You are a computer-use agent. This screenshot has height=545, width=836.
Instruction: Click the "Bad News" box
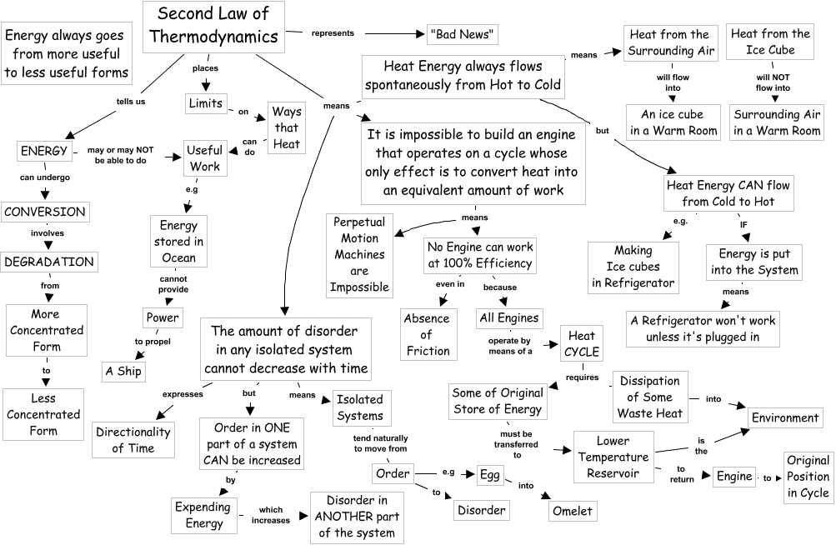(462, 34)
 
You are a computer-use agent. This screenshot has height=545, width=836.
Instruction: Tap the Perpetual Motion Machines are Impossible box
(360, 254)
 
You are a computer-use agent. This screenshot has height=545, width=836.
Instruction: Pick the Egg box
(489, 475)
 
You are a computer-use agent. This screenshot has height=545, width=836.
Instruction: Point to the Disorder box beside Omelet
(481, 509)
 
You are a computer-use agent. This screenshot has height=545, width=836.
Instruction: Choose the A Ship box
(123, 370)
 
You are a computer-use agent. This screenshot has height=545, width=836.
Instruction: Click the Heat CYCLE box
(581, 343)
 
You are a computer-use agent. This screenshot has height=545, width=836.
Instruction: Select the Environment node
(785, 417)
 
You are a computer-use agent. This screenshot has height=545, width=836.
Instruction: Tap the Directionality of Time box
(134, 439)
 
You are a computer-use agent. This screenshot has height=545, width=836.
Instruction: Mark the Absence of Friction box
(428, 334)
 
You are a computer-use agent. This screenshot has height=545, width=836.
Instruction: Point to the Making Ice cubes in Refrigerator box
(633, 266)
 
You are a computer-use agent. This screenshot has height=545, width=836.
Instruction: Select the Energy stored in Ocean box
(178, 241)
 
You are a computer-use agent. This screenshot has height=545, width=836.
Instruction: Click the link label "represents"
(333, 33)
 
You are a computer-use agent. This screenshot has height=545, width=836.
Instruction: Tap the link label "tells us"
(130, 101)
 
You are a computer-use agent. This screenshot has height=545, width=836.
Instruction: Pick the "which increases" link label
(275, 515)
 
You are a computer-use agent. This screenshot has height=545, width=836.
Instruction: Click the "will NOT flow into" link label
(773, 82)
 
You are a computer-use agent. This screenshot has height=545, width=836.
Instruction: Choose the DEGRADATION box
(48, 261)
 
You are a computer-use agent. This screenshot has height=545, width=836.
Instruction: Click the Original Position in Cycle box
(808, 477)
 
